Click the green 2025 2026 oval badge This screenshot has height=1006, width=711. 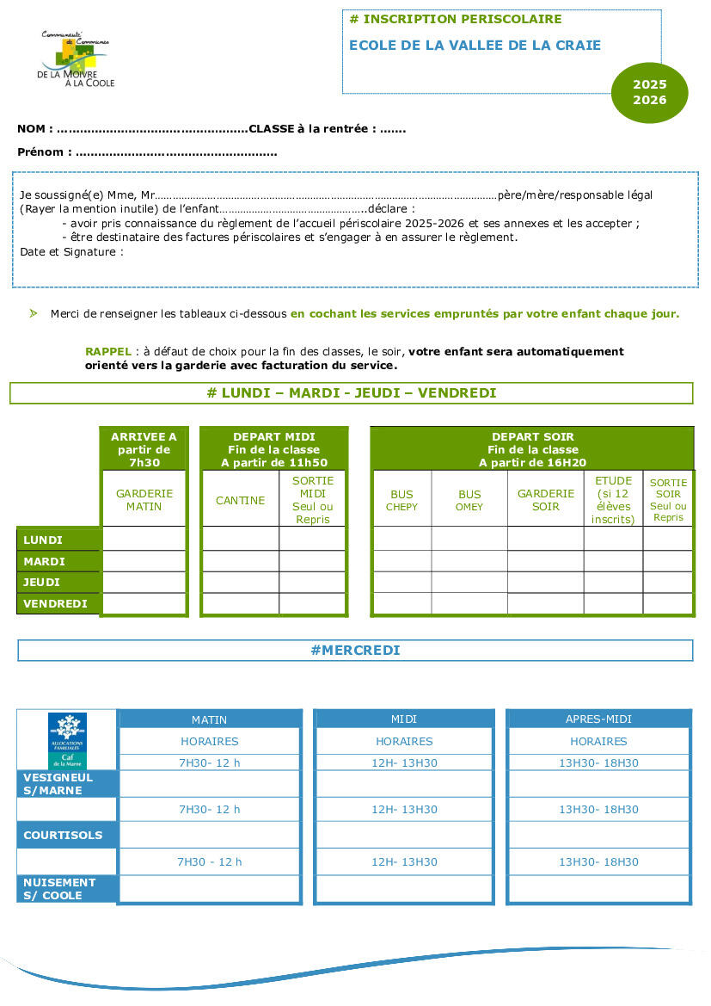click(650, 92)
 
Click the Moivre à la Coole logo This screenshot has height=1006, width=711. click(76, 59)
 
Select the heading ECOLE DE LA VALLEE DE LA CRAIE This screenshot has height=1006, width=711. click(475, 46)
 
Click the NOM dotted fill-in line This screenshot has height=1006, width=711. click(151, 129)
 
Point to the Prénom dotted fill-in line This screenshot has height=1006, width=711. click(176, 152)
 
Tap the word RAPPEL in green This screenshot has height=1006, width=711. click(107, 352)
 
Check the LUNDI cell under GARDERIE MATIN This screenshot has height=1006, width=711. click(144, 540)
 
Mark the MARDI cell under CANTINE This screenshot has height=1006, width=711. click(240, 561)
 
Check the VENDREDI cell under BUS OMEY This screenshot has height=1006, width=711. click(469, 603)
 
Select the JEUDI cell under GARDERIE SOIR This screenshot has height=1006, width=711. click(545, 583)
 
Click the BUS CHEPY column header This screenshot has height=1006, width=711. click(401, 501)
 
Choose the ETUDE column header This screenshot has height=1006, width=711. click(613, 500)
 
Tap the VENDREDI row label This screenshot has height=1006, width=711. click(55, 603)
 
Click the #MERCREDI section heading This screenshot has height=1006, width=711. click(355, 651)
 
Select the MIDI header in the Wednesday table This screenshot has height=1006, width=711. click(404, 719)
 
